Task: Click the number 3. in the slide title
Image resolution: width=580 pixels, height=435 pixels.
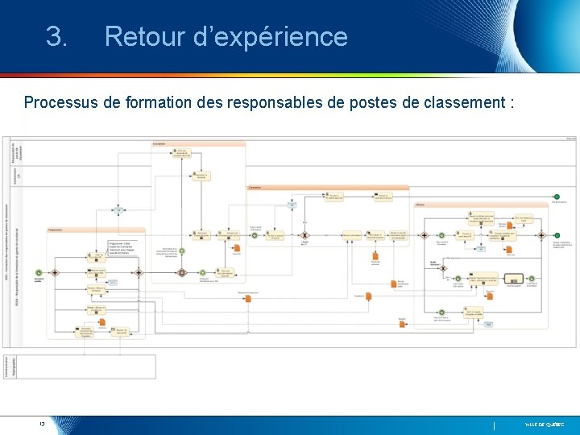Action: pyautogui.click(x=56, y=37)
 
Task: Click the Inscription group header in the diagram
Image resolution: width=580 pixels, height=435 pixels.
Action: pyautogui.click(x=159, y=144)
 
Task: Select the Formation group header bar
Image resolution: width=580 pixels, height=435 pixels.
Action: pyautogui.click(x=255, y=187)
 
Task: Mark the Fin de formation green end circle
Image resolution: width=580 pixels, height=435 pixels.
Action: pyautogui.click(x=556, y=197)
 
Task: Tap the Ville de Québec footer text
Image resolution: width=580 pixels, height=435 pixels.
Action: pyautogui.click(x=545, y=424)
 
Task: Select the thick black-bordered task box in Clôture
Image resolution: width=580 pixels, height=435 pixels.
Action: pyautogui.click(x=513, y=280)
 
